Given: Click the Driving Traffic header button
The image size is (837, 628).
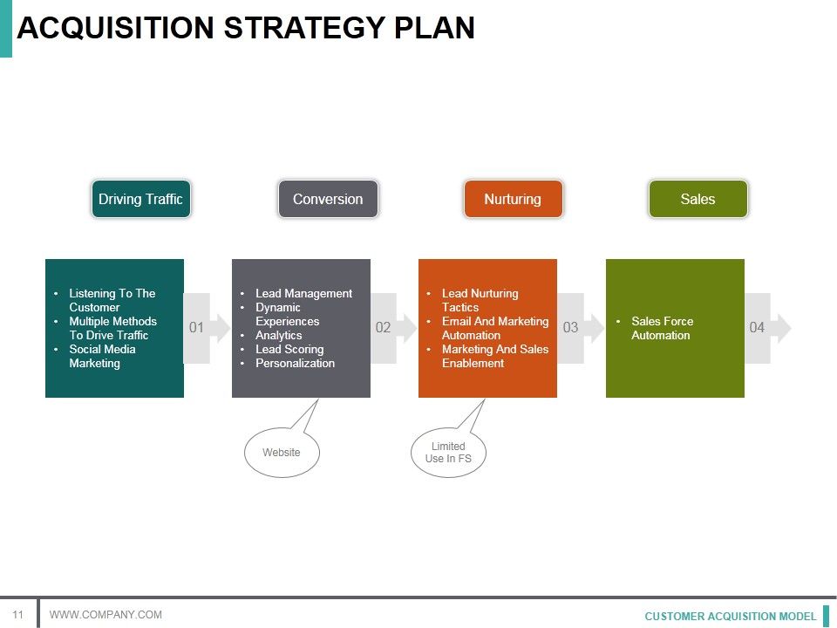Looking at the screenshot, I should tap(140, 199).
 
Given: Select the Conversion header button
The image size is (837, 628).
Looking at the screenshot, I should tap(328, 199).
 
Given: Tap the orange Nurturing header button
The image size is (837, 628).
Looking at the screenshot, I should tap(513, 199).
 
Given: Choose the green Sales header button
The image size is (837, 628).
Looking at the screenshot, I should tap(697, 199).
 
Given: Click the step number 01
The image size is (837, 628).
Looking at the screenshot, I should tap(196, 328).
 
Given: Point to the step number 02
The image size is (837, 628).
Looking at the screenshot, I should tap(383, 328).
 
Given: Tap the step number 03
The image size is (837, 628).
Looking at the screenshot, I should tap(570, 328).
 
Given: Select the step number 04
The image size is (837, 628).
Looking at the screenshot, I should tap(757, 328).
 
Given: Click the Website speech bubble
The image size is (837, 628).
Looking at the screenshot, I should tap(282, 453).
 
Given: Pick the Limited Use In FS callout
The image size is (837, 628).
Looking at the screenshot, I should tap(448, 453).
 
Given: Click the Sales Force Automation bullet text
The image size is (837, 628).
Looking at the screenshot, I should tap(662, 328).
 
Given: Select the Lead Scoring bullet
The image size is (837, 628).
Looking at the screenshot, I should tap(289, 349).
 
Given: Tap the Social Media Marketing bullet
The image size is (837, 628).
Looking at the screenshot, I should tap(102, 356).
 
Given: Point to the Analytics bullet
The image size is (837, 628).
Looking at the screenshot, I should tap(279, 335).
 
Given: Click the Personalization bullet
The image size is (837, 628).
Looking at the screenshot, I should tap(295, 363).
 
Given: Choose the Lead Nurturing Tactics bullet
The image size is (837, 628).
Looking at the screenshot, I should tap(480, 300).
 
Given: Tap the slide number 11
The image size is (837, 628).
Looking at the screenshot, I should tap(17, 614).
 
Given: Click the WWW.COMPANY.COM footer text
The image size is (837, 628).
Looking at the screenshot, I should tap(105, 615).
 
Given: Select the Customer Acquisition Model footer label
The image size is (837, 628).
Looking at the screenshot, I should tap(731, 616).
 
